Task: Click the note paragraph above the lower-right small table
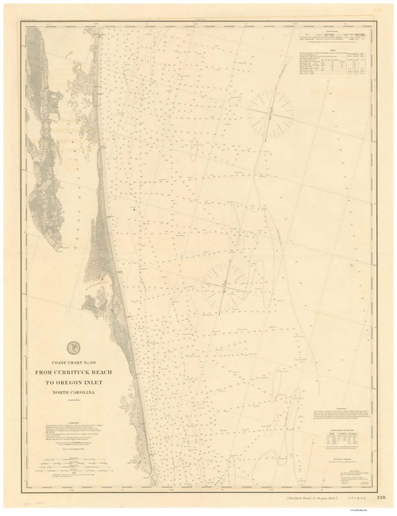click(341, 414)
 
